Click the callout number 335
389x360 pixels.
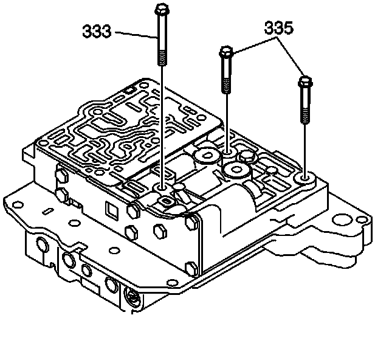click(278, 28)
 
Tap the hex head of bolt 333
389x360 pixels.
click(161, 10)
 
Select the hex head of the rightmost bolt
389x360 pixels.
click(305, 80)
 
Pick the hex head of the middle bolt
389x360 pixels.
click(226, 52)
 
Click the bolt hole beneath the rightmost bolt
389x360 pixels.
click(305, 178)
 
